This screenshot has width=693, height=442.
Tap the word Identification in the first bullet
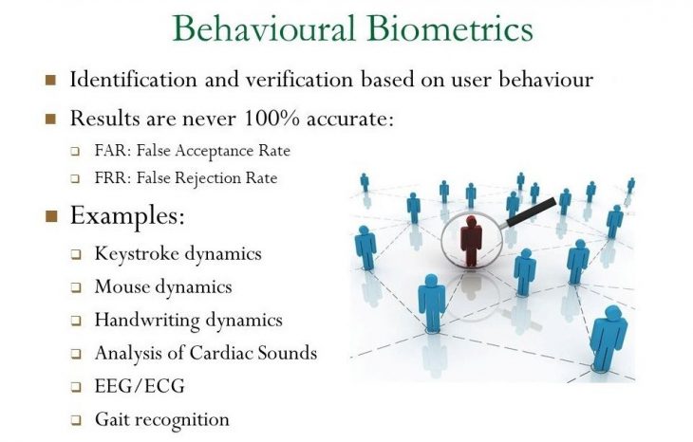coord(129,79)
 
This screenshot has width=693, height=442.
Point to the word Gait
coord(111,419)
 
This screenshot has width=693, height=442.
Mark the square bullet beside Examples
coord(51,216)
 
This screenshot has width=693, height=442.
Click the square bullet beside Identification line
coord(51,80)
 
